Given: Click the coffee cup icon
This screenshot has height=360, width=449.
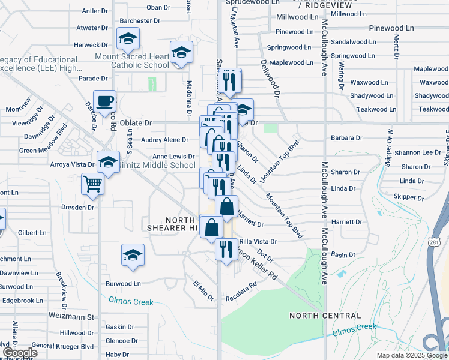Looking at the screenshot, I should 104,100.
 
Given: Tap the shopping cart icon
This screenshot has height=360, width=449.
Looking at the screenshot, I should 93,184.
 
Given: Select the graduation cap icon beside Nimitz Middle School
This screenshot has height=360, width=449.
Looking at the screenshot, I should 108,162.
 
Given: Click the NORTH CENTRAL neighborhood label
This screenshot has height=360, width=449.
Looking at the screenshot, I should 325,316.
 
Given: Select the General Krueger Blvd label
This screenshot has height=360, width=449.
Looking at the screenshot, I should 63,346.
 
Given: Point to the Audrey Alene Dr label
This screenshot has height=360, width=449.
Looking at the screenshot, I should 164,140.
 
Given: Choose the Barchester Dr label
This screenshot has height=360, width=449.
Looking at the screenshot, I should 140,20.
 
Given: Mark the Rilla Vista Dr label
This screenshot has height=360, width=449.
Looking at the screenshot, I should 257,242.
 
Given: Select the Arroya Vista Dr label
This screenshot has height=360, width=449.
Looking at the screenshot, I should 73,164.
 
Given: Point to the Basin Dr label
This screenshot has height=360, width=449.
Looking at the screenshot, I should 343,255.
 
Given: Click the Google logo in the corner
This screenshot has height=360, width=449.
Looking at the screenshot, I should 20,353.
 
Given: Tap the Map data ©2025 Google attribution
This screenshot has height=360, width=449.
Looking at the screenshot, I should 411,355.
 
